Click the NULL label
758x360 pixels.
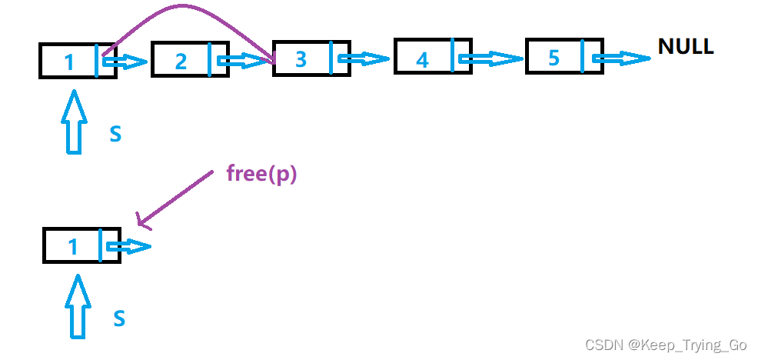click(x=686, y=46)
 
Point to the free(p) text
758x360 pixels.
click(x=261, y=173)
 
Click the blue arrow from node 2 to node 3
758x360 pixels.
click(x=244, y=60)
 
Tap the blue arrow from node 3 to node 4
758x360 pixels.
click(x=364, y=58)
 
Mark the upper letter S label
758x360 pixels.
click(x=115, y=134)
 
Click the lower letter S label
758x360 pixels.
click(x=118, y=318)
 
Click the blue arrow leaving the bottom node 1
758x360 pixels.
click(x=129, y=247)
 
